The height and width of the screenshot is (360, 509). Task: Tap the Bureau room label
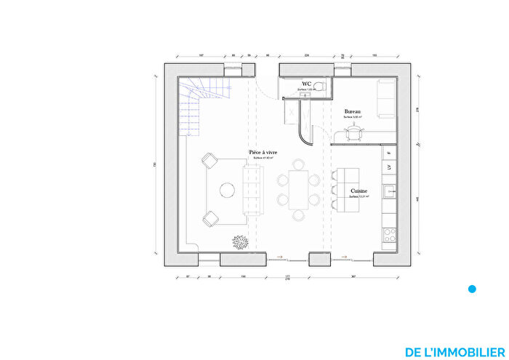pyautogui.click(x=353, y=112)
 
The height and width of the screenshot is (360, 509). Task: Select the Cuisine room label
pyautogui.click(x=358, y=191)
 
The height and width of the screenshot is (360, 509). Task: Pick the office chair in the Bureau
pyautogui.click(x=354, y=131)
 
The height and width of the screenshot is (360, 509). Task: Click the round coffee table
pyautogui.click(x=228, y=190)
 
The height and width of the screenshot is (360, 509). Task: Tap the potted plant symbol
pyautogui.click(x=239, y=241)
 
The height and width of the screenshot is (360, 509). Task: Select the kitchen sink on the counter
pyautogui.click(x=390, y=193)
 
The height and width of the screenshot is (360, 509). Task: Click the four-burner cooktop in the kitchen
pyautogui.click(x=390, y=235)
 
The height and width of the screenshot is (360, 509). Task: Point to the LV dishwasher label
pyautogui.click(x=390, y=167)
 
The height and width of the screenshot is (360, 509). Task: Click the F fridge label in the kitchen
pyautogui.click(x=390, y=153)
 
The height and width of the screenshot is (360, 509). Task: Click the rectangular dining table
pyautogui.click(x=298, y=189)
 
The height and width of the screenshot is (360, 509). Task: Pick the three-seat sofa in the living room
pyautogui.click(x=253, y=189)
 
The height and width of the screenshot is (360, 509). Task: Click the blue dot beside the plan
pyautogui.click(x=472, y=289)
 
